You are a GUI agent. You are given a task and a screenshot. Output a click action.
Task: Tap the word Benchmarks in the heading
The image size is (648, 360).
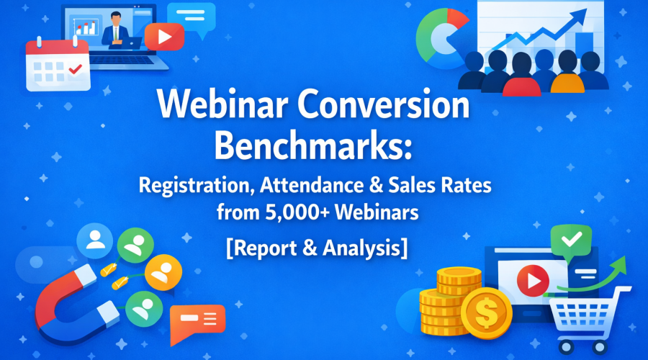pos(315,145)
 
